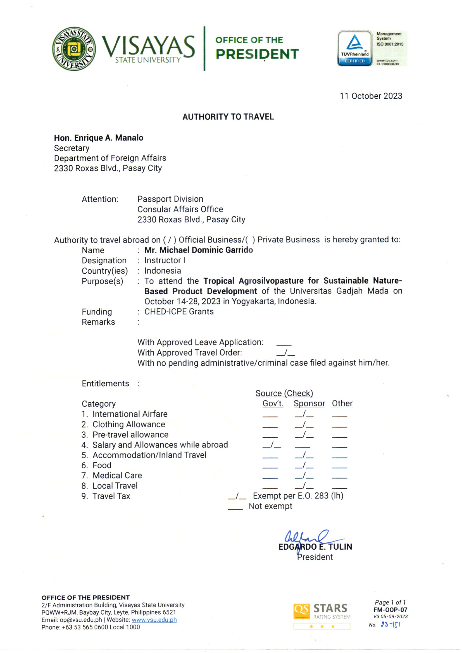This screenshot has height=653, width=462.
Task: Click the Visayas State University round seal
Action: (x=74, y=49)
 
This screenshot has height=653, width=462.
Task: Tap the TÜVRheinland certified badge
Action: (x=354, y=48)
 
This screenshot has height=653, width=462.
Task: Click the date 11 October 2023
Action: (x=371, y=96)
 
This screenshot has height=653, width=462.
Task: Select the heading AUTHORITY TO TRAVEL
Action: (x=228, y=117)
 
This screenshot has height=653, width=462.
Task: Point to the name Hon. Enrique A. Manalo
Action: (x=98, y=138)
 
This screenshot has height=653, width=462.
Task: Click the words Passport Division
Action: (x=170, y=199)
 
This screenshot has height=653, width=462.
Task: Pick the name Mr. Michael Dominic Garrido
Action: (x=199, y=250)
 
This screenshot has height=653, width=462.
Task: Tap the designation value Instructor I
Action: (x=165, y=260)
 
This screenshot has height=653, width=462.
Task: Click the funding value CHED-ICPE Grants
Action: (x=179, y=311)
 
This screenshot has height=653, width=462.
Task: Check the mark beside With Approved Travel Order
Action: (x=286, y=353)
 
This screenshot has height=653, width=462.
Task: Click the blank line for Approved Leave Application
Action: (x=284, y=344)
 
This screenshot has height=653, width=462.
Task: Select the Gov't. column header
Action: (x=273, y=403)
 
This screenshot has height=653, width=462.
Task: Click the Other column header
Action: (x=342, y=403)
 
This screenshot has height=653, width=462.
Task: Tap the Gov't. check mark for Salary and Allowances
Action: (x=272, y=445)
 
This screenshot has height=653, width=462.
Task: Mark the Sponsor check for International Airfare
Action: (x=304, y=414)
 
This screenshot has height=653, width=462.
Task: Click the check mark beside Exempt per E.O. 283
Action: (x=237, y=496)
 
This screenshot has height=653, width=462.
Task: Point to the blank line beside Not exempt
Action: (x=235, y=508)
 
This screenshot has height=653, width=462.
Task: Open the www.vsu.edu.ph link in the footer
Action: (x=154, y=620)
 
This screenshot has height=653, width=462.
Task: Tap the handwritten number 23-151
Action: (x=390, y=625)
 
